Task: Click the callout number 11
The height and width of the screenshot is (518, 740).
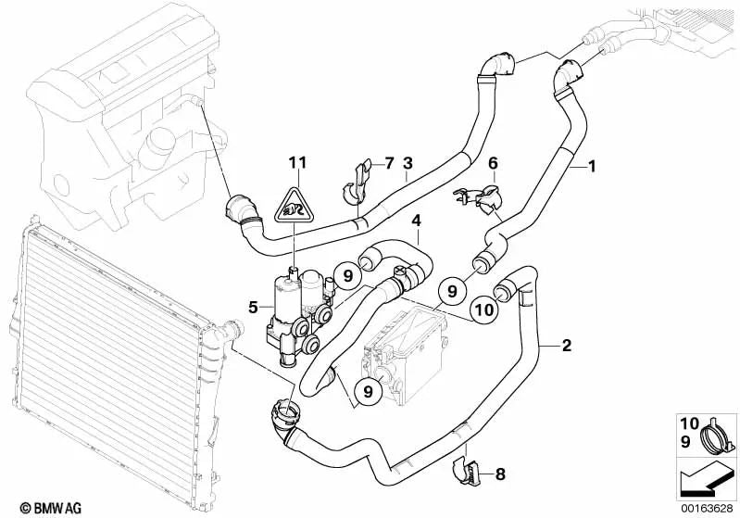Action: pyautogui.click(x=295, y=163)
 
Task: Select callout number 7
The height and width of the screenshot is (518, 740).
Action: pyautogui.click(x=388, y=163)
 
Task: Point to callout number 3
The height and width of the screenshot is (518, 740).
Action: pyautogui.click(x=407, y=163)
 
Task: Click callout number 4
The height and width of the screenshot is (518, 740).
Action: pyautogui.click(x=417, y=221)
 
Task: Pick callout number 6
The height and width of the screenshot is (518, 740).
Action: pyautogui.click(x=493, y=163)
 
